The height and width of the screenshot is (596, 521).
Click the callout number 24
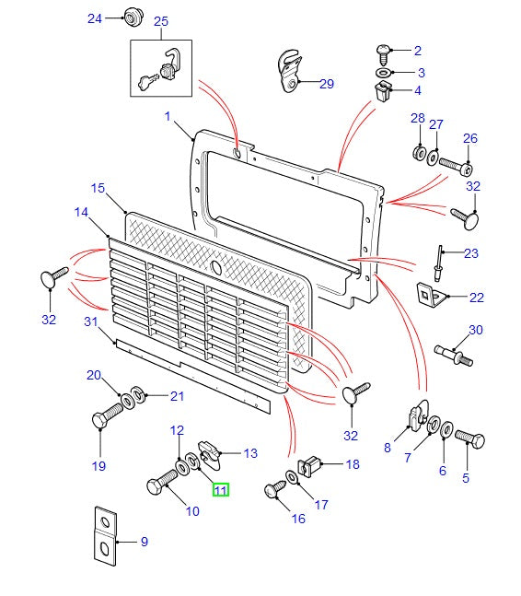click(x=96, y=18)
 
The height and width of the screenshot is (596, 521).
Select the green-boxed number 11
click(x=222, y=490)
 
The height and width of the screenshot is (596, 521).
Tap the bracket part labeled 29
click(x=289, y=73)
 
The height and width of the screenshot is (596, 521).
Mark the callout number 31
click(x=90, y=321)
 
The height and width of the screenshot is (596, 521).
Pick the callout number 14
click(x=81, y=213)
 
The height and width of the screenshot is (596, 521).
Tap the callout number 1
click(x=168, y=116)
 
